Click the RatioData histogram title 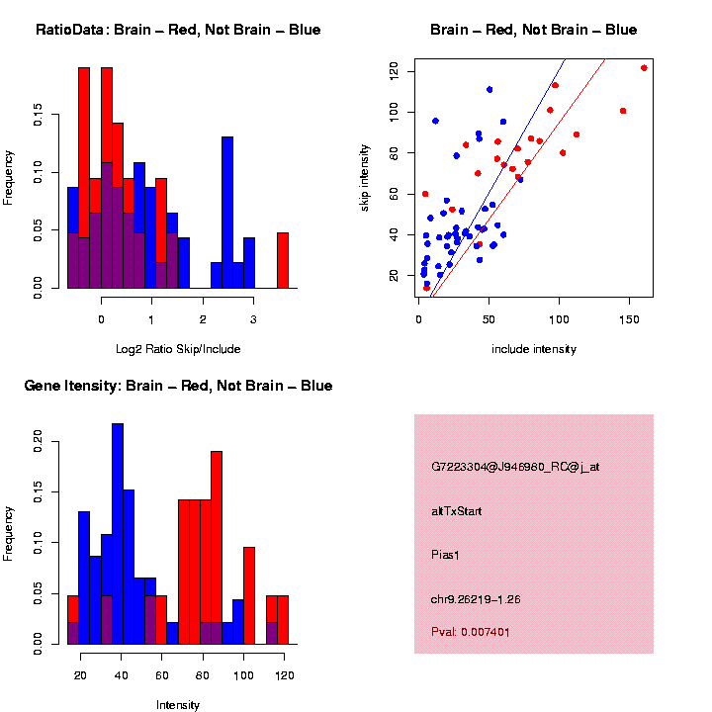(x=178, y=30)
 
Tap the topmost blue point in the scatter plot (x=489, y=90)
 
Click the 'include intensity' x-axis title (x=534, y=349)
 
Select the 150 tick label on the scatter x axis (x=628, y=320)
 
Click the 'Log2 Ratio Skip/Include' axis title (x=178, y=349)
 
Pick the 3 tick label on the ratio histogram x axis (x=253, y=320)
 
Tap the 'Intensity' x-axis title (x=178, y=705)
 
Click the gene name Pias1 (x=446, y=555)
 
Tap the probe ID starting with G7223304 (x=515, y=467)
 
